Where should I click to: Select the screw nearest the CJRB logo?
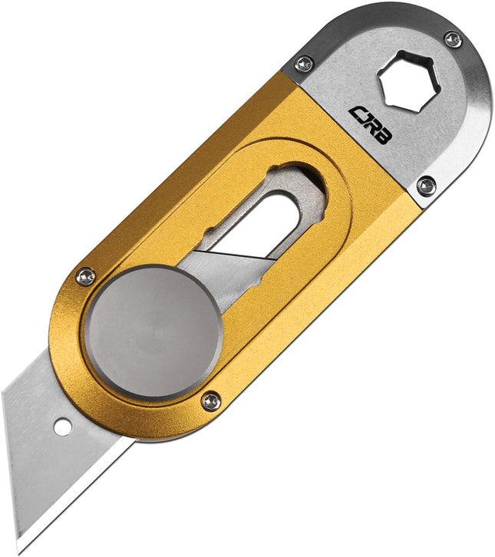[305, 64]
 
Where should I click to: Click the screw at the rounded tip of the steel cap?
[453, 38]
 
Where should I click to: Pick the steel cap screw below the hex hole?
[426, 185]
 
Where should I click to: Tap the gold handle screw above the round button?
[86, 275]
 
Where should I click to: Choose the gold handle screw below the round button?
[210, 400]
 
